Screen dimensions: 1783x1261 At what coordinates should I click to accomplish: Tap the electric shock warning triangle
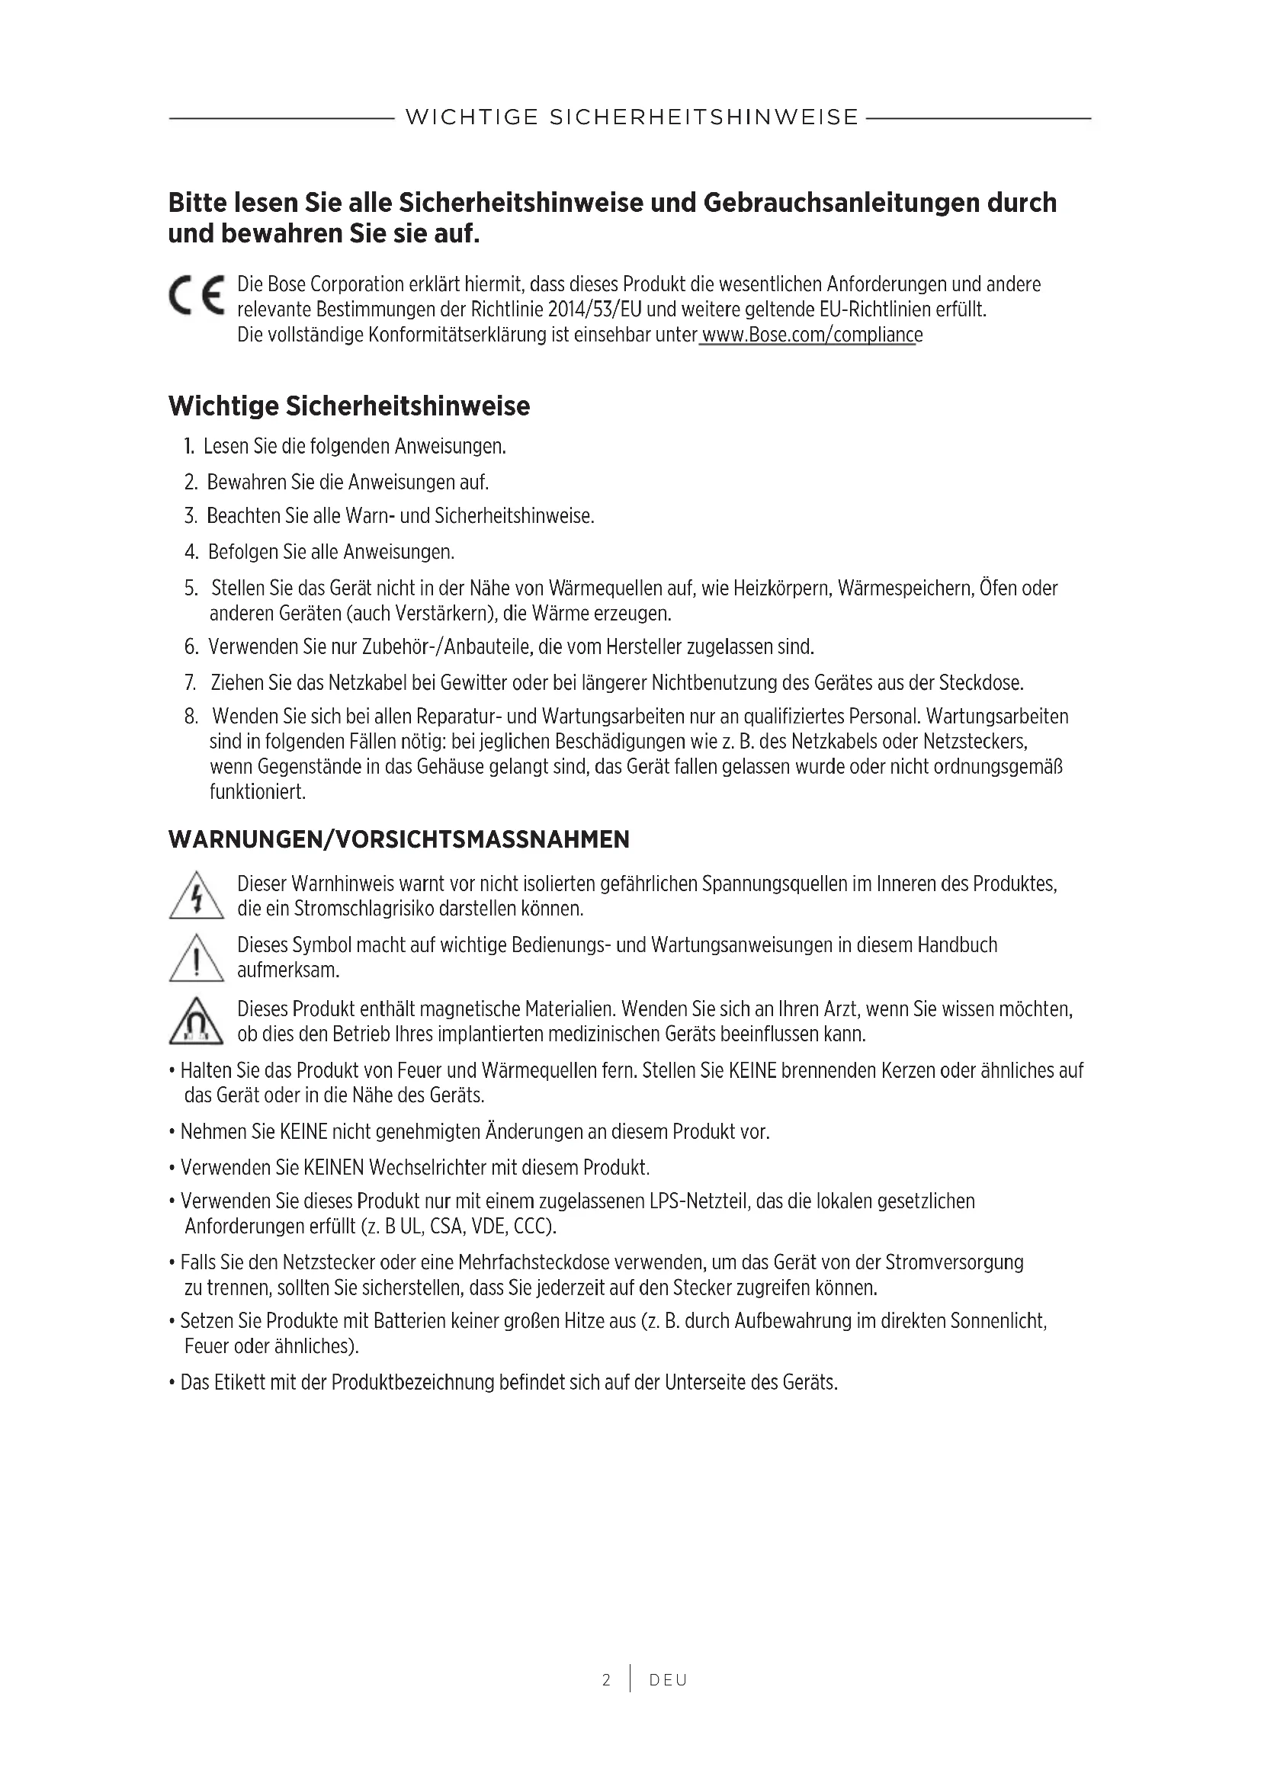coord(196,896)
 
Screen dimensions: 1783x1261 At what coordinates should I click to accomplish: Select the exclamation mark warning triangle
coord(196,958)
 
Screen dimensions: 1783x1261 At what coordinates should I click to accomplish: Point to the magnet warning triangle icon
coord(196,1021)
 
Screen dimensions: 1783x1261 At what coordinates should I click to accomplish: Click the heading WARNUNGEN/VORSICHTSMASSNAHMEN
coord(398,839)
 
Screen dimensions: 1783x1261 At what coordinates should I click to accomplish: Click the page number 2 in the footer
coord(605,1680)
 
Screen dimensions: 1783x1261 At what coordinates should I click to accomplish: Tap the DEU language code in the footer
coord(668,1680)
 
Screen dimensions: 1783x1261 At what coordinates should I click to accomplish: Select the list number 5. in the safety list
coord(191,588)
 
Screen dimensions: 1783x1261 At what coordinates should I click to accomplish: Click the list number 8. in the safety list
coord(191,716)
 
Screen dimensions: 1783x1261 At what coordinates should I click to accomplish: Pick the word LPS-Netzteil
coord(698,1201)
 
